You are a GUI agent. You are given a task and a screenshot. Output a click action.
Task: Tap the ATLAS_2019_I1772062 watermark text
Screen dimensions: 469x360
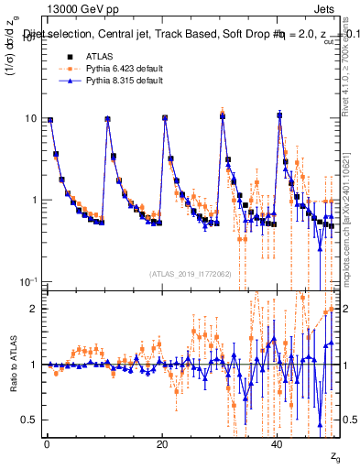pos(190,273)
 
